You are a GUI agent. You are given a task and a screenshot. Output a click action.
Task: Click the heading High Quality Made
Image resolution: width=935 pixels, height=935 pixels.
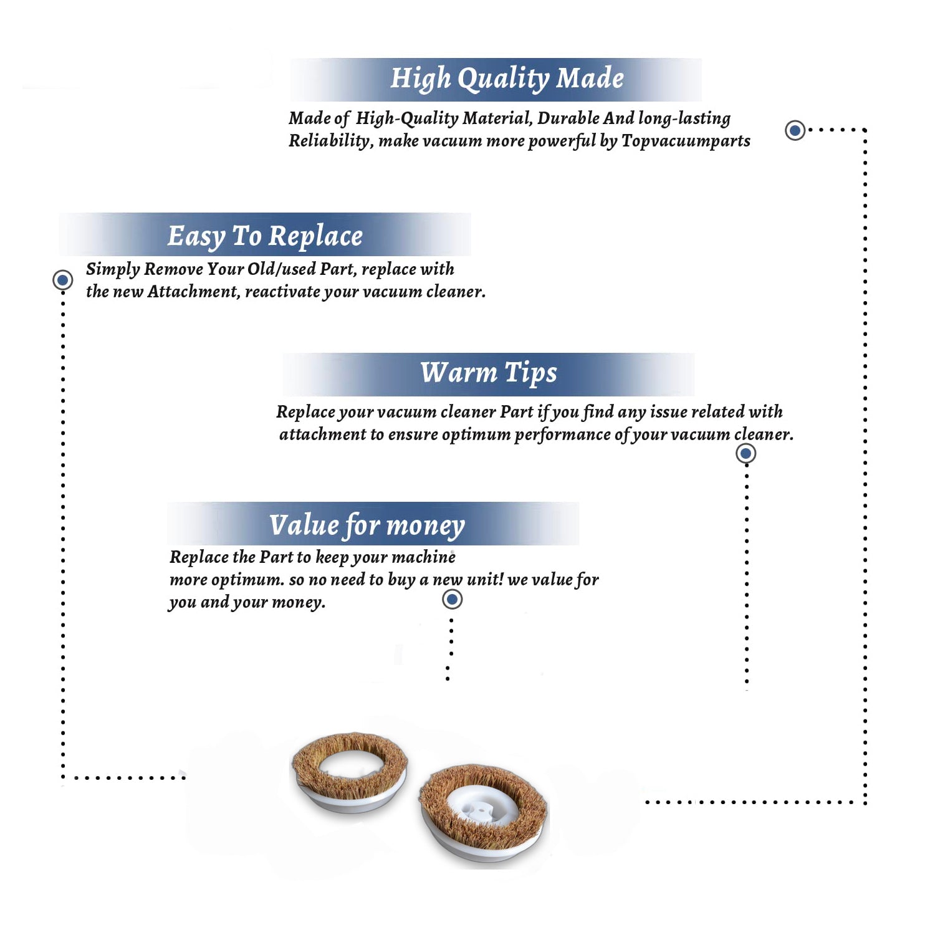pos(507,79)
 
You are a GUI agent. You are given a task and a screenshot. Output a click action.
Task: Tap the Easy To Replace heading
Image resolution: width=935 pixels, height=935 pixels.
pos(265,237)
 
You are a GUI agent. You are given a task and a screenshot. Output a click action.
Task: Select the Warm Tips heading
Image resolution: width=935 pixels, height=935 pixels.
pos(489,373)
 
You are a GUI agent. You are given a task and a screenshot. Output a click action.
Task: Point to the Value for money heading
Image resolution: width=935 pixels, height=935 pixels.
pos(367,525)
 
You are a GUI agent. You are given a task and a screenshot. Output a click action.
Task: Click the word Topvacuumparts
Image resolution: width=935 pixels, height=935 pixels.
pos(686,141)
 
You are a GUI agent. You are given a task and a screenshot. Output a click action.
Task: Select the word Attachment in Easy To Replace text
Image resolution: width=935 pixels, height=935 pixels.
pos(193,292)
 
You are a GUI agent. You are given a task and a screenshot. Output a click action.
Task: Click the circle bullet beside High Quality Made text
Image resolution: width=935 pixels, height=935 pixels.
pos(795,130)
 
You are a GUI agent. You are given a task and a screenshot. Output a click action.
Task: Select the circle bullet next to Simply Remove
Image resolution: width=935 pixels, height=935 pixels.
pos(62,280)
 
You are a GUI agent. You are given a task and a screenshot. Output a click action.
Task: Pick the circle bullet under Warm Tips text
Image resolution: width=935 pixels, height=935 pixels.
pos(746,453)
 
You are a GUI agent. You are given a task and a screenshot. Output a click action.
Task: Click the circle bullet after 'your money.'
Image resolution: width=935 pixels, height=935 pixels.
pos(452,600)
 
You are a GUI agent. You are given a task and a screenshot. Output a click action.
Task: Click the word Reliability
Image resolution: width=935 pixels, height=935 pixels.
pos(331,141)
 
